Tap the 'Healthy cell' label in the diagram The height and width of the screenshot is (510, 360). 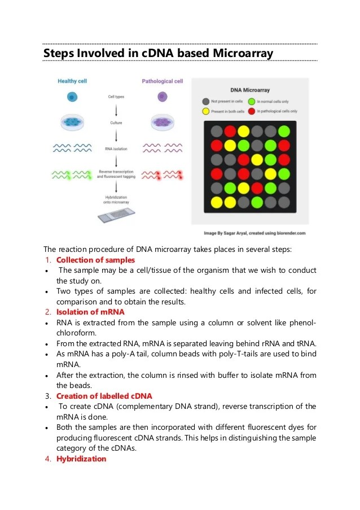[x=72, y=81]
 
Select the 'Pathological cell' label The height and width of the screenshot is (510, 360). [x=163, y=81]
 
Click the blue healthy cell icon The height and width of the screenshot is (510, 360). [x=72, y=97]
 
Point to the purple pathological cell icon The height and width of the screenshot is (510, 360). [x=162, y=97]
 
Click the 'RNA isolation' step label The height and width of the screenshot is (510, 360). [x=116, y=149]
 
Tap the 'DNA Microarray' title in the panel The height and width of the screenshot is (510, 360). [x=249, y=90]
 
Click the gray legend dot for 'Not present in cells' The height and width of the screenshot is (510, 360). [x=206, y=101]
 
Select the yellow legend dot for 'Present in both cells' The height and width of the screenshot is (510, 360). [x=206, y=111]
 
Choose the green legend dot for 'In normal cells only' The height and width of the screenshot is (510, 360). [x=252, y=101]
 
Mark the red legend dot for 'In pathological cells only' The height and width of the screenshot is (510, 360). [x=252, y=111]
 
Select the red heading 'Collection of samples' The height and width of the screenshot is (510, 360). [x=96, y=260]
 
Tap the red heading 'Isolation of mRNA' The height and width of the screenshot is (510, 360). [x=90, y=312]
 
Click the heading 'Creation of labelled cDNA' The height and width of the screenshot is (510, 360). [x=104, y=396]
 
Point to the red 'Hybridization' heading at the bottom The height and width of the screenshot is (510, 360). [x=81, y=459]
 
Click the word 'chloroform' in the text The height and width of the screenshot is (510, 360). [x=74, y=333]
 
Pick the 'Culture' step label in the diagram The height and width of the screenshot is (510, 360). [x=116, y=123]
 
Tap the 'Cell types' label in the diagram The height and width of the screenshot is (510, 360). [x=116, y=97]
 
